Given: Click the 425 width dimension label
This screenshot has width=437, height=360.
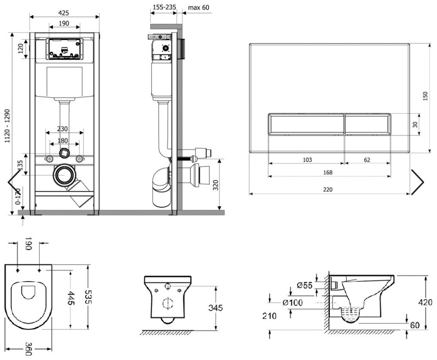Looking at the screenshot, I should pos(64,13).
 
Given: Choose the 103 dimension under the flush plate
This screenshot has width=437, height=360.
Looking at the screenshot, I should pos(307,160).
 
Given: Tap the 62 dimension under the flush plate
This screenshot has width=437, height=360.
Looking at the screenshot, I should pos(367,160).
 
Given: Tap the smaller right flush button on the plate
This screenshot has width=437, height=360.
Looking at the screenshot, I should pos(367,124).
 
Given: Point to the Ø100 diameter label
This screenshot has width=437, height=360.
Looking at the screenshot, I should pos(292,303).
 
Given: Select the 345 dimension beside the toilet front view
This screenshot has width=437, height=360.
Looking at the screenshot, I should pos(214,308).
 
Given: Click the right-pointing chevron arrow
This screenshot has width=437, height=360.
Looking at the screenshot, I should pos(417,182).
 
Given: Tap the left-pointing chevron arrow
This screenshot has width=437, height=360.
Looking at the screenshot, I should pos(14,182).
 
